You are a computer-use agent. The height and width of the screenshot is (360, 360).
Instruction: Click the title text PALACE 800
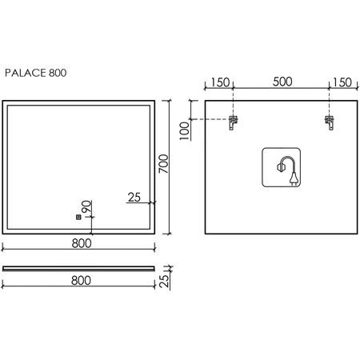[36, 73]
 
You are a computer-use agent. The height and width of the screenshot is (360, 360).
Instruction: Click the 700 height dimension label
[164, 163]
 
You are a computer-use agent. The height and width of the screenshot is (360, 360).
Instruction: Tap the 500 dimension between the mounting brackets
[282, 82]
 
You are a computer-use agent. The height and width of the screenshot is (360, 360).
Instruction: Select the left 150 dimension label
[220, 82]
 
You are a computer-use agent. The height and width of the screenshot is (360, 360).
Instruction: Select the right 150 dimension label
[342, 82]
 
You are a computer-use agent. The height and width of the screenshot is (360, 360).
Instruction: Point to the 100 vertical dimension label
[185, 130]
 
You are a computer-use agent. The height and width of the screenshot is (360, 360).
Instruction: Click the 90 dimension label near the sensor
[86, 206]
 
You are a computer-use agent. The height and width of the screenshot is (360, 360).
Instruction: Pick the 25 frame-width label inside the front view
[134, 198]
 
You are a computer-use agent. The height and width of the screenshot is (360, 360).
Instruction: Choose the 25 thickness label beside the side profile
[164, 281]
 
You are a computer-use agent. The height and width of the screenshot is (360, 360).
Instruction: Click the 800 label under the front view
[82, 243]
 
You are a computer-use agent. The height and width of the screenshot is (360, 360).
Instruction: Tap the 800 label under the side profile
[81, 281]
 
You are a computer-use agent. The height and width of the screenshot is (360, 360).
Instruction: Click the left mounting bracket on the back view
[233, 122]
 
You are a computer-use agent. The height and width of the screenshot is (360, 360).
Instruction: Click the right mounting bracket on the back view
[330, 122]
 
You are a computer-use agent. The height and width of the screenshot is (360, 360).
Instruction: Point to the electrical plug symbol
[294, 178]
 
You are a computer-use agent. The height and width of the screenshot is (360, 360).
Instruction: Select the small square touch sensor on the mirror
[78, 217]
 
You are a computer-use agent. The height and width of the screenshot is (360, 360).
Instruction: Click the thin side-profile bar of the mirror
[78, 268]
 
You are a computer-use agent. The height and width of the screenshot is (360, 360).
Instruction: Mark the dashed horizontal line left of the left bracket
[210, 119]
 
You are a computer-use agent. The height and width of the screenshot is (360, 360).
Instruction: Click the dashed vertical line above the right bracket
[330, 102]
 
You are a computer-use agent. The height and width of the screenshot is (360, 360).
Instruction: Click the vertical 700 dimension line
[169, 167]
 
